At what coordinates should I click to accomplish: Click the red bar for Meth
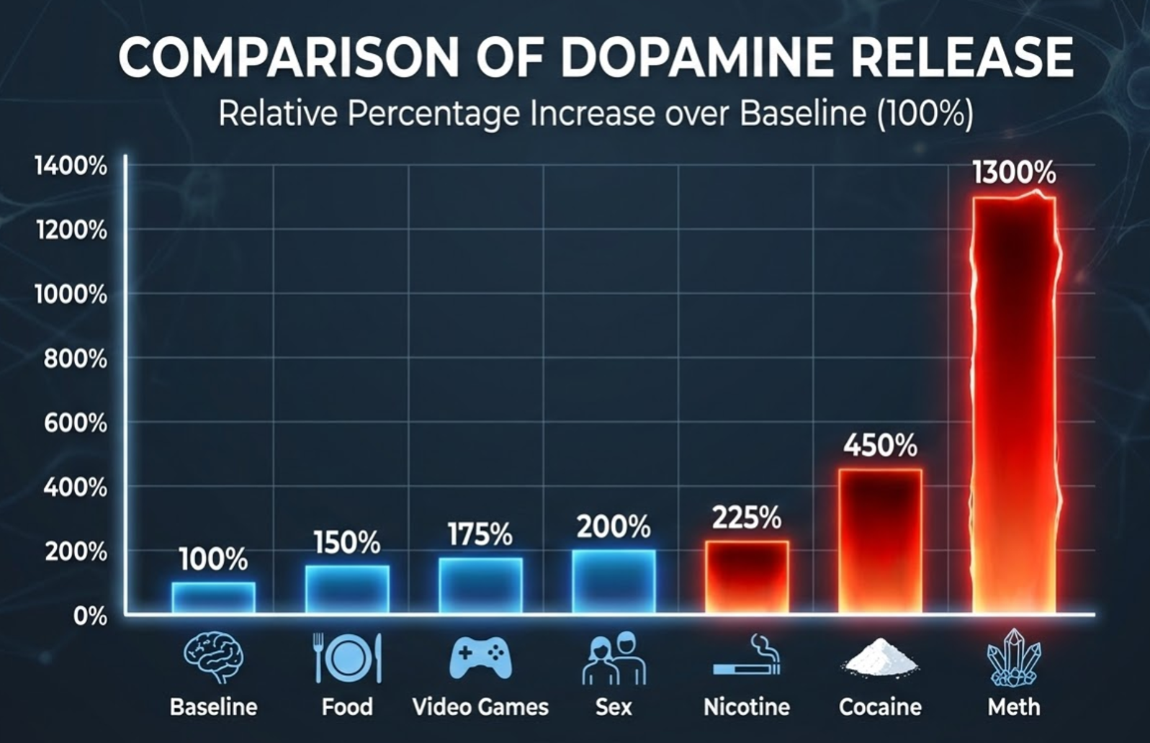coord(1014,403)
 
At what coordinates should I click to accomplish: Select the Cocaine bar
coord(880,540)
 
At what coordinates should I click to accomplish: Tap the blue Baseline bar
coord(213,597)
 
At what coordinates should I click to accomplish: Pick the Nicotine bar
coord(747,576)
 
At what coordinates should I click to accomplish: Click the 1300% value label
coord(1014,173)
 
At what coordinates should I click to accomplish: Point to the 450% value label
coord(880,446)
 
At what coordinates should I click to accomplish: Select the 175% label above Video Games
coord(480,535)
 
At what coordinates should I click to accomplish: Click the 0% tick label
coord(89,616)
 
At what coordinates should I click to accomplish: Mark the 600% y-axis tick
coord(75,423)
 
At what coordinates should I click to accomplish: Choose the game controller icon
coord(480,658)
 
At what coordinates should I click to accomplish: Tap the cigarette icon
coord(747,657)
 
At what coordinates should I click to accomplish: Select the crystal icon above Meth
coord(1014,658)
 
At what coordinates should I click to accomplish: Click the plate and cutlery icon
coord(347,658)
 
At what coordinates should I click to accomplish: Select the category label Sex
coord(614,707)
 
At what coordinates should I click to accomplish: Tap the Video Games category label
coord(480,707)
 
